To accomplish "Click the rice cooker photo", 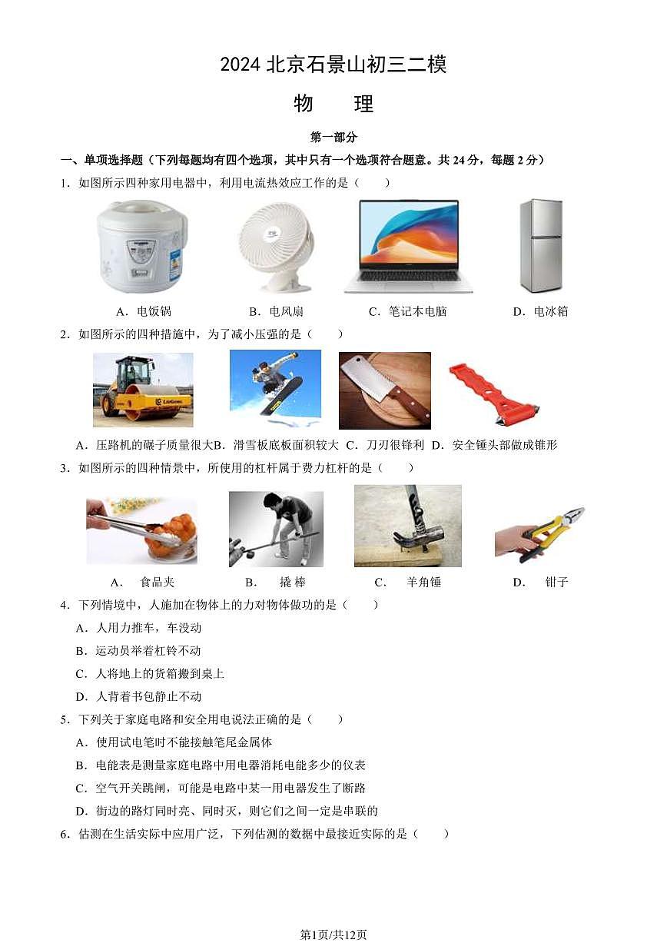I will (x=141, y=247).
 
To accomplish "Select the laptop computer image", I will (x=408, y=246).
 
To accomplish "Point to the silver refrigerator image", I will (x=541, y=246).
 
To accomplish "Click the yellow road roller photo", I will (x=143, y=390).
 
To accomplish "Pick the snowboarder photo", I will (x=275, y=389).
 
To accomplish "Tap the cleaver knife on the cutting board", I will (x=384, y=390).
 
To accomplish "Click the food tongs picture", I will (x=141, y=530).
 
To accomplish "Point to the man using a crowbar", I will (x=276, y=529).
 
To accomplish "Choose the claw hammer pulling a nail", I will (x=407, y=526).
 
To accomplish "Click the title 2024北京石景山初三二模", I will (x=333, y=65).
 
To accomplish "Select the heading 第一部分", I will (x=333, y=138).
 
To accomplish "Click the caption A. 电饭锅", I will (x=143, y=311).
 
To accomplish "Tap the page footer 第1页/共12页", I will (x=333, y=934).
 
